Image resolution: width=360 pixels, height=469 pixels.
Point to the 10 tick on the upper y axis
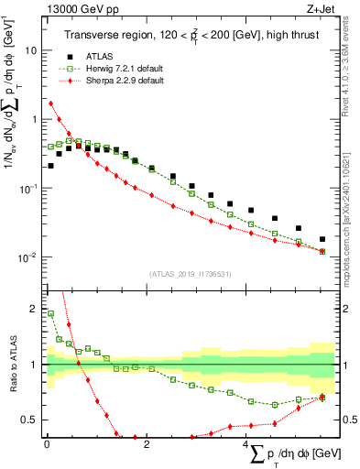coord(32,51)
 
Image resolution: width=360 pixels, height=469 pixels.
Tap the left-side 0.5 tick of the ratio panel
coord(30,420)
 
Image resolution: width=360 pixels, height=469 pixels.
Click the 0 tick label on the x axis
coord(47,446)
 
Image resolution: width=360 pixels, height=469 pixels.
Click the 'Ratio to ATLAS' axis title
coord(11,365)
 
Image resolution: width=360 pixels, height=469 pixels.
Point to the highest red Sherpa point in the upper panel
coord(50,104)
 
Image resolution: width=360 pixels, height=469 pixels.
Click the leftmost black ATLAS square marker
coord(50,166)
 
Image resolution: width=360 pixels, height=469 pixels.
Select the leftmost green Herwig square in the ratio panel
coord(50,313)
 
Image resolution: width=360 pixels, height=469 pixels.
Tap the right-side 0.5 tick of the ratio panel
coord(349,420)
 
